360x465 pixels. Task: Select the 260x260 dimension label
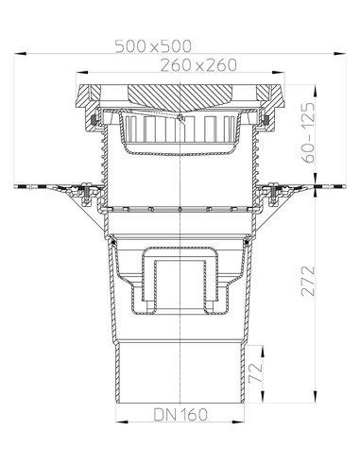coord(179,65)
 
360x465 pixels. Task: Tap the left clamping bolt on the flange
coord(87,195)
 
